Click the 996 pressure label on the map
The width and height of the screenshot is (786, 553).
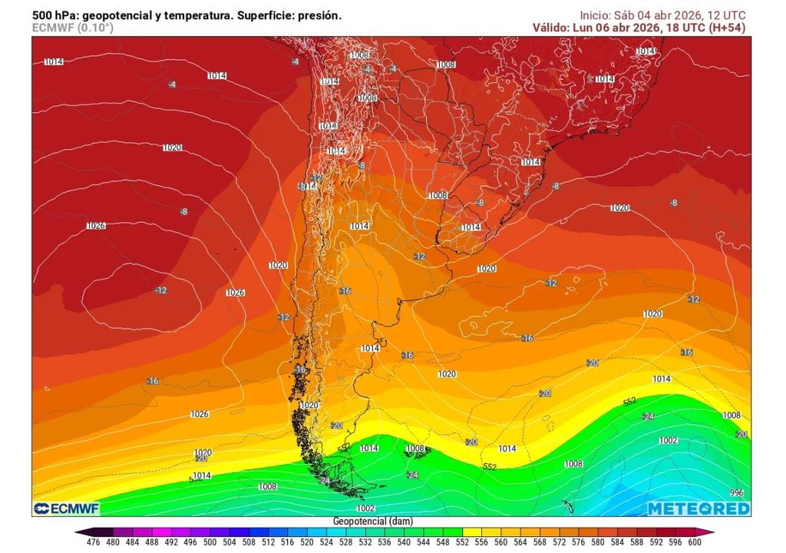[737, 493]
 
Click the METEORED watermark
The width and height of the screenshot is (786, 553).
[698, 509]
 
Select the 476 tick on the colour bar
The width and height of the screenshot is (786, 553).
[93, 541]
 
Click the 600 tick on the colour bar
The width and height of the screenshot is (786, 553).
[695, 541]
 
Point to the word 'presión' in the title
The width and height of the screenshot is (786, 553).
[320, 15]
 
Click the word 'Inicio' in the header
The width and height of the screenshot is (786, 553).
[595, 15]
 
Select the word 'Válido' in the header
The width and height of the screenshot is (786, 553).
[550, 28]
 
